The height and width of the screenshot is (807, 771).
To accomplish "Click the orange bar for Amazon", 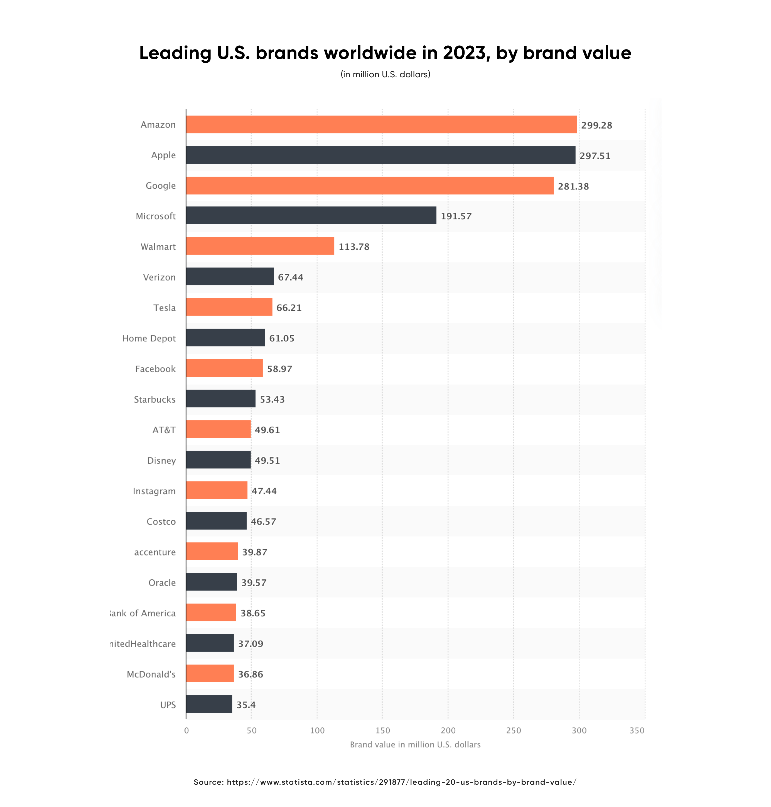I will (x=381, y=124).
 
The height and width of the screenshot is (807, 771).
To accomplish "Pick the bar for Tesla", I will (x=229, y=307).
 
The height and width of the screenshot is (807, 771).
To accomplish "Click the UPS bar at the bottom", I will (x=209, y=704).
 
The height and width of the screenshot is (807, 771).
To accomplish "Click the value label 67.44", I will (x=291, y=277).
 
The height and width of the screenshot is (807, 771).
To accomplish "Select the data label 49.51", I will (x=267, y=461).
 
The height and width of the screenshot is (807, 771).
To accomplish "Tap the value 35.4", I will (x=246, y=705).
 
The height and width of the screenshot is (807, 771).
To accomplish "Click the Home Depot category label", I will (x=149, y=338).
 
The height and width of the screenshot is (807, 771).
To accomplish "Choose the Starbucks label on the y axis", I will (x=154, y=399).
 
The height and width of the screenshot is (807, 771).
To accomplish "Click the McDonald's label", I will (x=151, y=674).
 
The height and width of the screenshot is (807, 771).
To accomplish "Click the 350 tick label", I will (x=637, y=730).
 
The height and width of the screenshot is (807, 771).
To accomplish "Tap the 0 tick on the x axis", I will (x=186, y=730).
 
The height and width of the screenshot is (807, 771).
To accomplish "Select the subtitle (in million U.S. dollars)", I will (x=385, y=74).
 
